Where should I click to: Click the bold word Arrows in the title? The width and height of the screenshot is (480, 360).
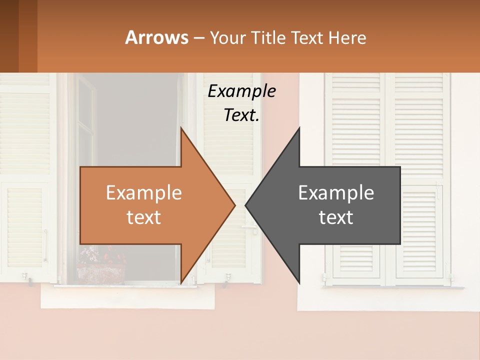click(156, 37)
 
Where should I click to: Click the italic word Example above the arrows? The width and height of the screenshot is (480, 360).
click(241, 91)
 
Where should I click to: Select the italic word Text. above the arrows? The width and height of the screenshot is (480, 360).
click(241, 115)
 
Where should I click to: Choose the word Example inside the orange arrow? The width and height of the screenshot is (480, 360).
click(144, 193)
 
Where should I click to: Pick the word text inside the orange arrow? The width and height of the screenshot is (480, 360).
click(144, 217)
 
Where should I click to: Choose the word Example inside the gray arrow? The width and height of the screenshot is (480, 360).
click(336, 193)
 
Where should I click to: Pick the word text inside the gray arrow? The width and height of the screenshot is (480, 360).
click(336, 217)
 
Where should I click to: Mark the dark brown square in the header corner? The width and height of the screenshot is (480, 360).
click(9, 36)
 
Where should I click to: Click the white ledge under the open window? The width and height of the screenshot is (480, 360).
click(127, 297)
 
